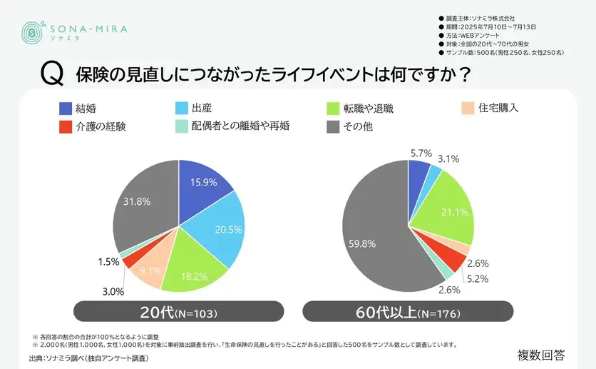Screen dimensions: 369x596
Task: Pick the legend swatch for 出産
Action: point(181,108)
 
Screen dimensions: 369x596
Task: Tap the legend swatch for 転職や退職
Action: point(332,108)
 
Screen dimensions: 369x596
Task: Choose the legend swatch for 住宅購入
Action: point(467,108)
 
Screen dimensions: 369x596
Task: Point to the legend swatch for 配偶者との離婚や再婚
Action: point(181,127)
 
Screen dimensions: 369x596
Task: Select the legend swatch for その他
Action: point(332,127)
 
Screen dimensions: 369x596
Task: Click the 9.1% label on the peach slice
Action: point(150,271)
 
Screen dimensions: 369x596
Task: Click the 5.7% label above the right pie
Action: point(421,153)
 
